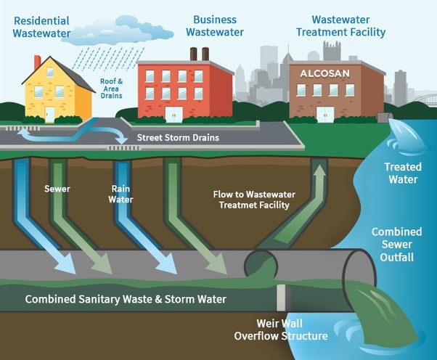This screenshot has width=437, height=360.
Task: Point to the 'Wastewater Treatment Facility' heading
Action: click(348, 25)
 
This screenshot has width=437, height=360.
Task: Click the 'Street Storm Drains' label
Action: click(177, 136)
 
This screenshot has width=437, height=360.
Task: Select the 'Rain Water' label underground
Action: click(121, 194)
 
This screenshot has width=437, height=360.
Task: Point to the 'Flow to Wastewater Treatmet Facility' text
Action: click(251, 200)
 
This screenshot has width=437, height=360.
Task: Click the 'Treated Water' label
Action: click(403, 173)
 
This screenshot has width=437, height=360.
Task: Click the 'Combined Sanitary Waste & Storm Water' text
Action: click(126, 299)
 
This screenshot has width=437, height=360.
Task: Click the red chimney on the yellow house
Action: click(37, 62)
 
